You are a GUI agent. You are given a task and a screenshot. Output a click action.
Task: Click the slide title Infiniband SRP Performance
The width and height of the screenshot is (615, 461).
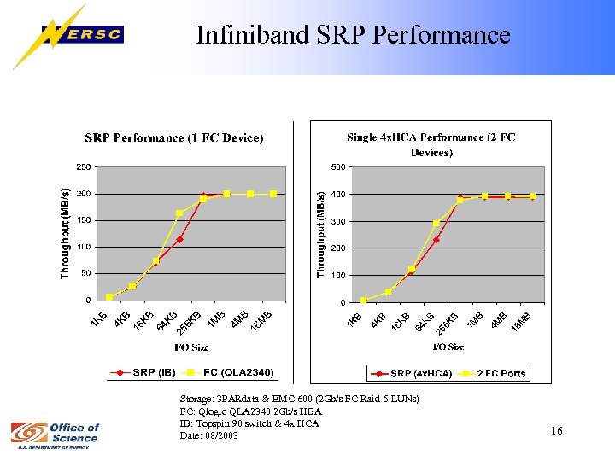click(x=353, y=35)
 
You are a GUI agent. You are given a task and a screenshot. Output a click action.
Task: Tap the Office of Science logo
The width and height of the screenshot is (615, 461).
click(x=55, y=432)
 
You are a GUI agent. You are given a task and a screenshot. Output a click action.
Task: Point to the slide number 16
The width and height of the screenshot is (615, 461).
click(x=556, y=431)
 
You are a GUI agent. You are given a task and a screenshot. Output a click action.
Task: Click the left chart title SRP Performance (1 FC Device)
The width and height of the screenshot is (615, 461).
click(x=173, y=137)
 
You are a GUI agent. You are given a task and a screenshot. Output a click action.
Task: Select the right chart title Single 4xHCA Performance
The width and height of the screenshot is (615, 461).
click(x=431, y=143)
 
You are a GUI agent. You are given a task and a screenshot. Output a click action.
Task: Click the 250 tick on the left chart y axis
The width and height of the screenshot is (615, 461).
click(x=84, y=166)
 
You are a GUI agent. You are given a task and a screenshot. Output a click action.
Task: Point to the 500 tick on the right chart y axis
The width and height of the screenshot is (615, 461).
click(x=337, y=166)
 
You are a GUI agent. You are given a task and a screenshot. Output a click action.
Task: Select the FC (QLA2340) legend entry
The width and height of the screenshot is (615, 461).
click(x=223, y=372)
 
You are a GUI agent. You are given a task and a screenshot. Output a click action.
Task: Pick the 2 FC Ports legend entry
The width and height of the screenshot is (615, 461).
click(x=495, y=373)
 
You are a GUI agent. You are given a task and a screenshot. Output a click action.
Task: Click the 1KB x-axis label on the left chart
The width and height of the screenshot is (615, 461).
click(x=100, y=318)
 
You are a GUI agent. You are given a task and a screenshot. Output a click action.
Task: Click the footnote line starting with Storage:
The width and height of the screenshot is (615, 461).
click(x=299, y=399)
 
